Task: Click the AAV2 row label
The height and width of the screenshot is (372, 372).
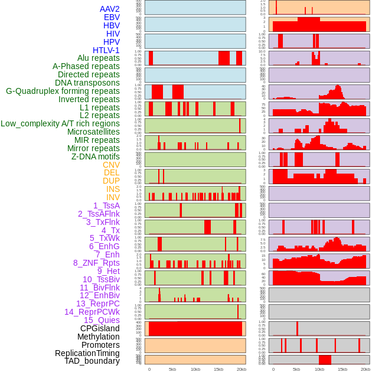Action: (x=109, y=9)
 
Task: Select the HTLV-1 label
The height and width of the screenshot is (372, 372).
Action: (x=106, y=50)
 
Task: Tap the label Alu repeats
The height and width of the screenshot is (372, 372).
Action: (x=98, y=58)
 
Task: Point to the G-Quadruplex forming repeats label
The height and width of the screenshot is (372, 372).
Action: (x=63, y=92)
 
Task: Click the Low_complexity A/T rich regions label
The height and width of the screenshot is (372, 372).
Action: (x=60, y=124)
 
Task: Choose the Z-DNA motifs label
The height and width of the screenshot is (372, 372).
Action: (x=96, y=156)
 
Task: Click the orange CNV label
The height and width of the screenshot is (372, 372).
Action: (x=111, y=165)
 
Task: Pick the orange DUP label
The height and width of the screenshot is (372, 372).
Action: (x=111, y=181)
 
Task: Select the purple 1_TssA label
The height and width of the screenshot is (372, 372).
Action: (x=106, y=205)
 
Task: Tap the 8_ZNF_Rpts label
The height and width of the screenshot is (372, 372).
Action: (x=96, y=263)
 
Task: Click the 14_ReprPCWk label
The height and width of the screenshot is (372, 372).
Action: (x=92, y=312)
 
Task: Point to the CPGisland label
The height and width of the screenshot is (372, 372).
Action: (x=100, y=328)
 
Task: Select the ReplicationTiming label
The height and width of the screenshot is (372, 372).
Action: (x=87, y=353)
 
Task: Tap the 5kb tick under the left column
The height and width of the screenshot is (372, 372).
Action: (x=172, y=369)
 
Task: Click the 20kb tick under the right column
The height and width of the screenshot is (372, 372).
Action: (x=366, y=369)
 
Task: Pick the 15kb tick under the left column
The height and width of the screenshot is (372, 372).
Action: (x=218, y=369)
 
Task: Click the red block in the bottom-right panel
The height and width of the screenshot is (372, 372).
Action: (x=325, y=360)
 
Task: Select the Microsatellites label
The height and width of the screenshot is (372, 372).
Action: (x=93, y=132)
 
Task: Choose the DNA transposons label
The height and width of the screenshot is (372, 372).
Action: (x=87, y=83)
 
